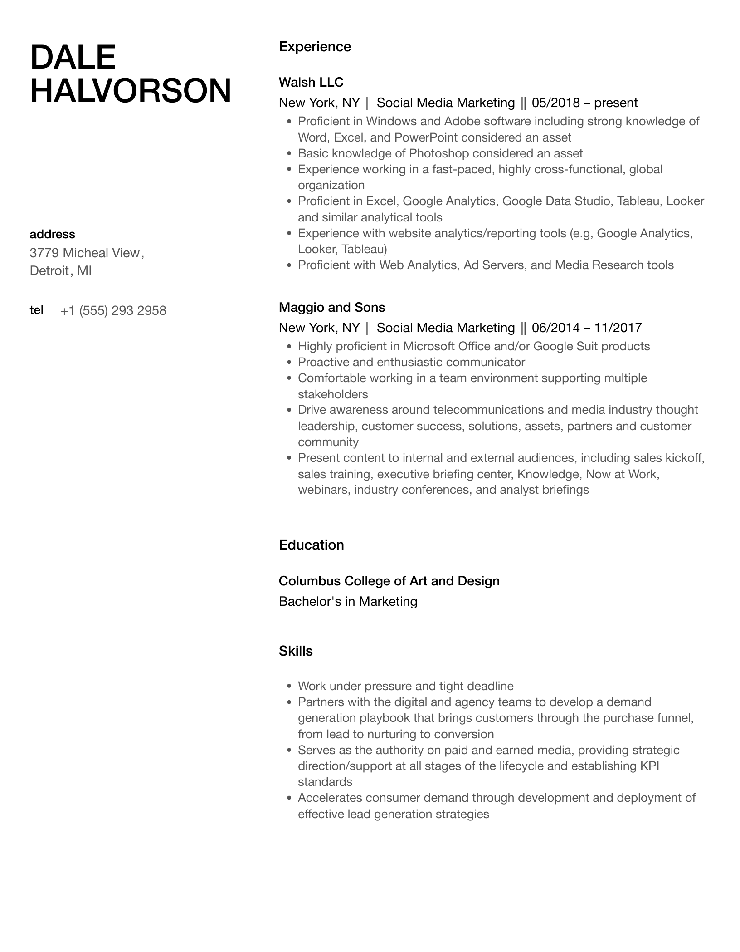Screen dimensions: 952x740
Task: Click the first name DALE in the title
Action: point(73,58)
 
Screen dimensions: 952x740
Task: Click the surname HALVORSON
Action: point(131,91)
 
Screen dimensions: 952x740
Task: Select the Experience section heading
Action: point(315,47)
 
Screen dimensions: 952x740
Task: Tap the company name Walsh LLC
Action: point(311,82)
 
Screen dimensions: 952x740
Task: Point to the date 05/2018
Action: point(555,103)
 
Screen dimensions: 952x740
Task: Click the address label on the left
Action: point(52,234)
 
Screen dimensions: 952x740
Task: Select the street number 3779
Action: point(44,253)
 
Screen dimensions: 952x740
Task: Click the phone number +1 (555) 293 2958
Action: point(113,311)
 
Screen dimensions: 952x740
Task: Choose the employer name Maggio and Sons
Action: point(332,307)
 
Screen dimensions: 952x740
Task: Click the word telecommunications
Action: point(488,410)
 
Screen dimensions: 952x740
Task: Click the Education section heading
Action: point(311,545)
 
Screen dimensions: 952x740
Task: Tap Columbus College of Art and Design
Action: point(389,581)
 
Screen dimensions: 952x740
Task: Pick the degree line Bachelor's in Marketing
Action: point(348,602)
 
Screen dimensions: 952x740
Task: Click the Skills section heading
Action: point(296,651)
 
